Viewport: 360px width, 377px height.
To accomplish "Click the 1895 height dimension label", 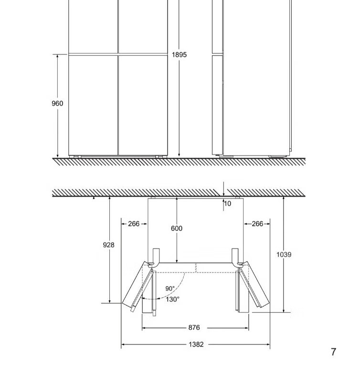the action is (179, 55).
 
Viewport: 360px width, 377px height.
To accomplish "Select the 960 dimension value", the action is (57, 104).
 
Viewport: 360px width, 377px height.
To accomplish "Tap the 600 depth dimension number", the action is (177, 228).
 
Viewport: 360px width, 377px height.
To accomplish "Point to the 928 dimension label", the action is (108, 245).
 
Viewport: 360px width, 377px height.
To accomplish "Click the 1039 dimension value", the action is (284, 254).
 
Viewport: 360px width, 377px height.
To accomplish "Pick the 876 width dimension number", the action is (194, 327).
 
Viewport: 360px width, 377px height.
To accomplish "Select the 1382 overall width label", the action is (196, 345).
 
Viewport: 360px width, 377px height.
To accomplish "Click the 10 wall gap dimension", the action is (227, 204).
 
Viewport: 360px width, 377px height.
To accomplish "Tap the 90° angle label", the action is (170, 289).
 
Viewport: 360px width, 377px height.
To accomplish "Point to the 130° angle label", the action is (172, 299).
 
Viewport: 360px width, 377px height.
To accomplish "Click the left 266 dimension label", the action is (134, 224).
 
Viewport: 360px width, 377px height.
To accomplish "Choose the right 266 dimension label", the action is (257, 224).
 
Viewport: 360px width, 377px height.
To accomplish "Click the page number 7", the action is (333, 352).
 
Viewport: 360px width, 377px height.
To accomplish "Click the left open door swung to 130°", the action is (137, 285).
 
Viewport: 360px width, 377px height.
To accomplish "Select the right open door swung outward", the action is (254, 285).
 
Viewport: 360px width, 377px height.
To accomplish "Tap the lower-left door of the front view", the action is (93, 105).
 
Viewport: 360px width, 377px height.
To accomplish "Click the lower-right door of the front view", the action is (143, 105).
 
